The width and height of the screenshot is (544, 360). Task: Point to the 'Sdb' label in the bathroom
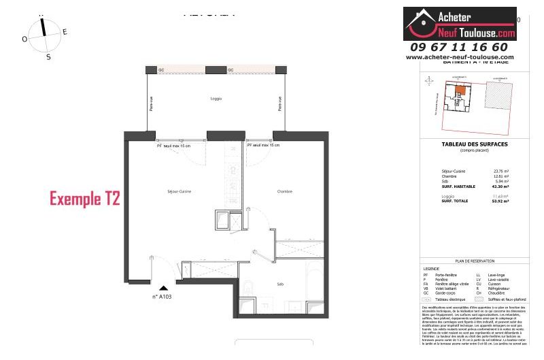(x=279, y=284)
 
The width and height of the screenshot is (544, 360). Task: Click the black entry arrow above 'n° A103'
(x=163, y=289)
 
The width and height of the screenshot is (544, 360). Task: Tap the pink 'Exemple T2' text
(x=85, y=199)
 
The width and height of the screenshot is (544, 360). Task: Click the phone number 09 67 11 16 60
(x=459, y=47)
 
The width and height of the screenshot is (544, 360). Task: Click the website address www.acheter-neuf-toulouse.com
(x=460, y=57)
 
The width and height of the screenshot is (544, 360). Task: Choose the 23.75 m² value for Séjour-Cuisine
(x=500, y=170)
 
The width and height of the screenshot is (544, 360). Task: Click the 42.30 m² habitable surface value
(x=500, y=186)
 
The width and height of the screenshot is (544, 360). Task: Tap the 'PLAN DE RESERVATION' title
(x=475, y=261)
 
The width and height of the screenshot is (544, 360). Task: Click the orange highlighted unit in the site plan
(x=460, y=90)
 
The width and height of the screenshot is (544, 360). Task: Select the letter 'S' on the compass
(x=48, y=57)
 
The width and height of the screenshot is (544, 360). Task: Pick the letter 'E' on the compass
(x=65, y=32)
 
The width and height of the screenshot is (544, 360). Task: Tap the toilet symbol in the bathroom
(x=249, y=289)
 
